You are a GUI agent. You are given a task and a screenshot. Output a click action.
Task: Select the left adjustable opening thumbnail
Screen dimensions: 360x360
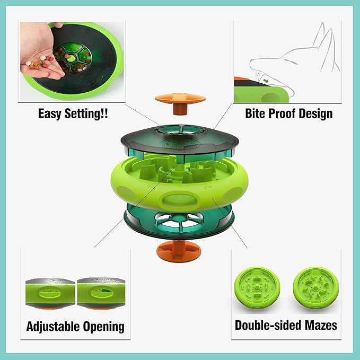click(48, 291)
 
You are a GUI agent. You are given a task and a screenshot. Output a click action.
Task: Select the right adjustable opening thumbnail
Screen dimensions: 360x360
click(101, 291)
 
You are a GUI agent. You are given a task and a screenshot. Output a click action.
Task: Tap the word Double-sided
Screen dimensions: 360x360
click(262, 324)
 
